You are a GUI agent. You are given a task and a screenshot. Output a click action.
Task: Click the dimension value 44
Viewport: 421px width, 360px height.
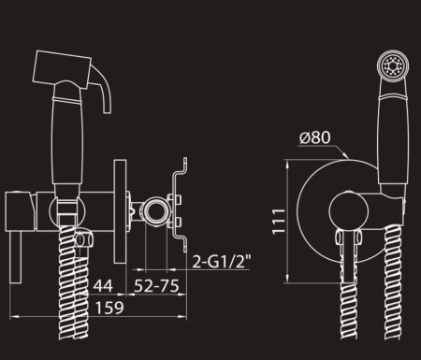coord(103,285)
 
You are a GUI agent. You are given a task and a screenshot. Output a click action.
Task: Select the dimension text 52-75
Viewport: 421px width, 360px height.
coord(156,285)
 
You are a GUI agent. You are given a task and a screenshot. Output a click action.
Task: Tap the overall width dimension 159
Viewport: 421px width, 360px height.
coord(109,308)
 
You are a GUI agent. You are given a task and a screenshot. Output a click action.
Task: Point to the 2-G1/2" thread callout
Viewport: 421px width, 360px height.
coord(222,261)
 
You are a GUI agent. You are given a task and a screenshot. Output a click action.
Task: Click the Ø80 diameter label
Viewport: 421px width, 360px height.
coord(314,137)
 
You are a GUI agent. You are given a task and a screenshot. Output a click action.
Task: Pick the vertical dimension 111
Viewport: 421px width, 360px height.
coord(279,221)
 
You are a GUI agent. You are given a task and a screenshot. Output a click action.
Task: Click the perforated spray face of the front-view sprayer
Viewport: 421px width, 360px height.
coord(394,65)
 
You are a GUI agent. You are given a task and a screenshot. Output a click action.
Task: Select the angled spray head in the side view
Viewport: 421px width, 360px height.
coord(62,68)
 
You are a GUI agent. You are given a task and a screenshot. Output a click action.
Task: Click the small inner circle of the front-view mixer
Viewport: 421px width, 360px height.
coord(349,211)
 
